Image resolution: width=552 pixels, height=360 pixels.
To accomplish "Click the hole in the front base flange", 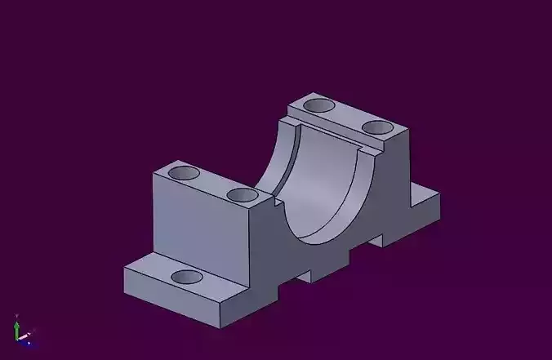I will click(187, 276).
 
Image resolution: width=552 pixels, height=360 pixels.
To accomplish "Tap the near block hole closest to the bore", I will click(243, 195).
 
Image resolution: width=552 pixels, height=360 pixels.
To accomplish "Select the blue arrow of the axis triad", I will click(27, 343).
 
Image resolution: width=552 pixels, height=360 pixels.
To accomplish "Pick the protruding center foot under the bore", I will click(322, 265).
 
